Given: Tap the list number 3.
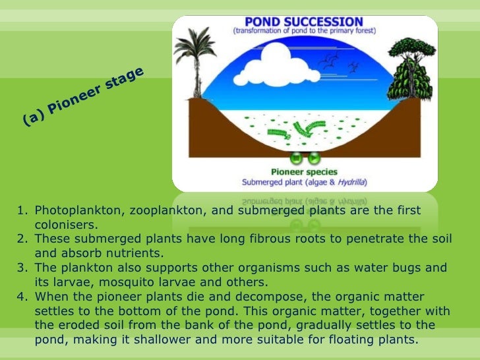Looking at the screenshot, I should [22, 268].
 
